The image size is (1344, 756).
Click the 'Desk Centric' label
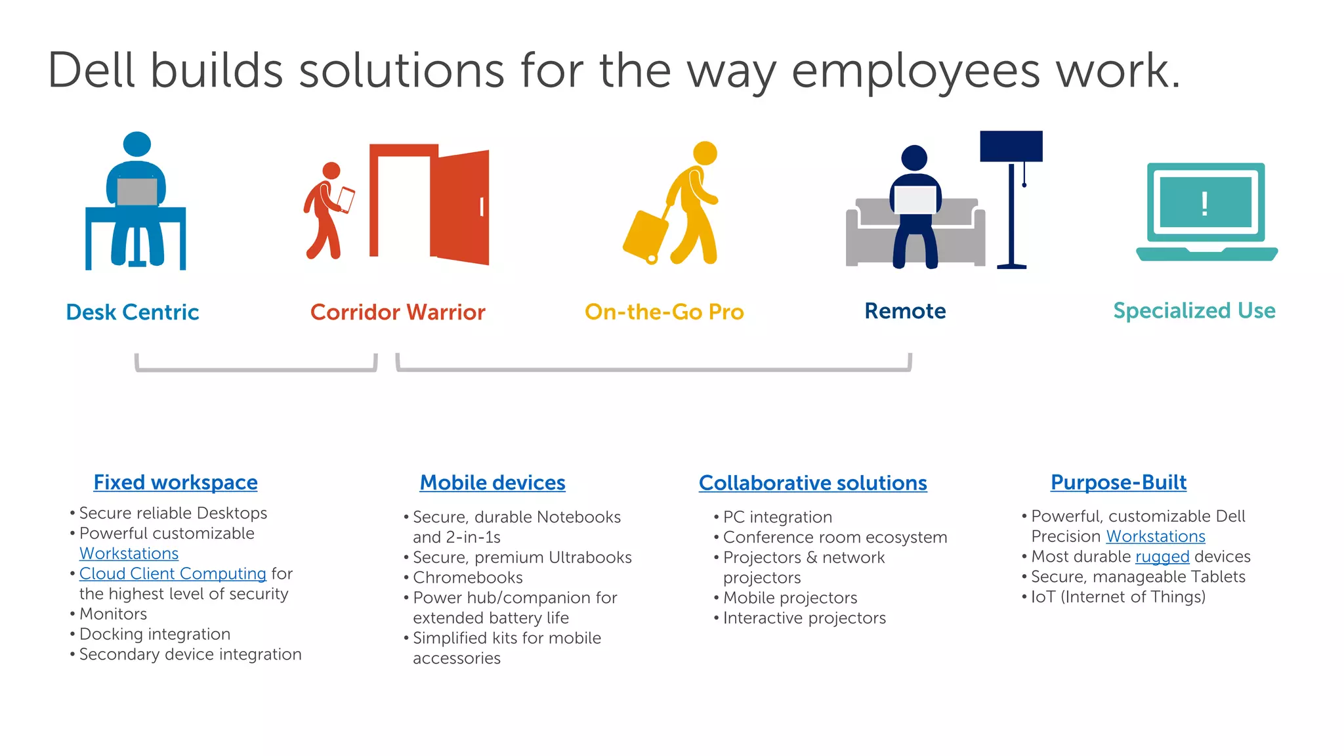[133, 312]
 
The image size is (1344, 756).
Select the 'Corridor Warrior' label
[398, 312]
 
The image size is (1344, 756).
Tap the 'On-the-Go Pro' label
[664, 312]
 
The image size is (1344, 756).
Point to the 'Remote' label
[905, 310]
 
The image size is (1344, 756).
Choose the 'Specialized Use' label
[1194, 310]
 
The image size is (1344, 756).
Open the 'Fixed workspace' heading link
[175, 482]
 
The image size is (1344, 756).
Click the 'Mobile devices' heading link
[492, 482]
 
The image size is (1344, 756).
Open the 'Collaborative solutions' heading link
[812, 483]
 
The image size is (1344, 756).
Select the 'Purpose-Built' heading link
[1118, 482]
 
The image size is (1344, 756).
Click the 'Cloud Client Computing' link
[173, 574]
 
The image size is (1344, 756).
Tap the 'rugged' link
[1162, 556]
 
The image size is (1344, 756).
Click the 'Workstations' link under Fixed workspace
[129, 553]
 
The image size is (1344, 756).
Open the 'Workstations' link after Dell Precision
[1156, 536]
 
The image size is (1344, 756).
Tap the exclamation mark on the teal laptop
[1204, 203]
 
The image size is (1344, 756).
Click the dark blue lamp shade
[1011, 146]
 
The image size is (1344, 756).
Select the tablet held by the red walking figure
[346, 199]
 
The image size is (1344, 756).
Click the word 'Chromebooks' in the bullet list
[468, 577]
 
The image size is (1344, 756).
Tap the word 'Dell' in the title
[91, 70]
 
